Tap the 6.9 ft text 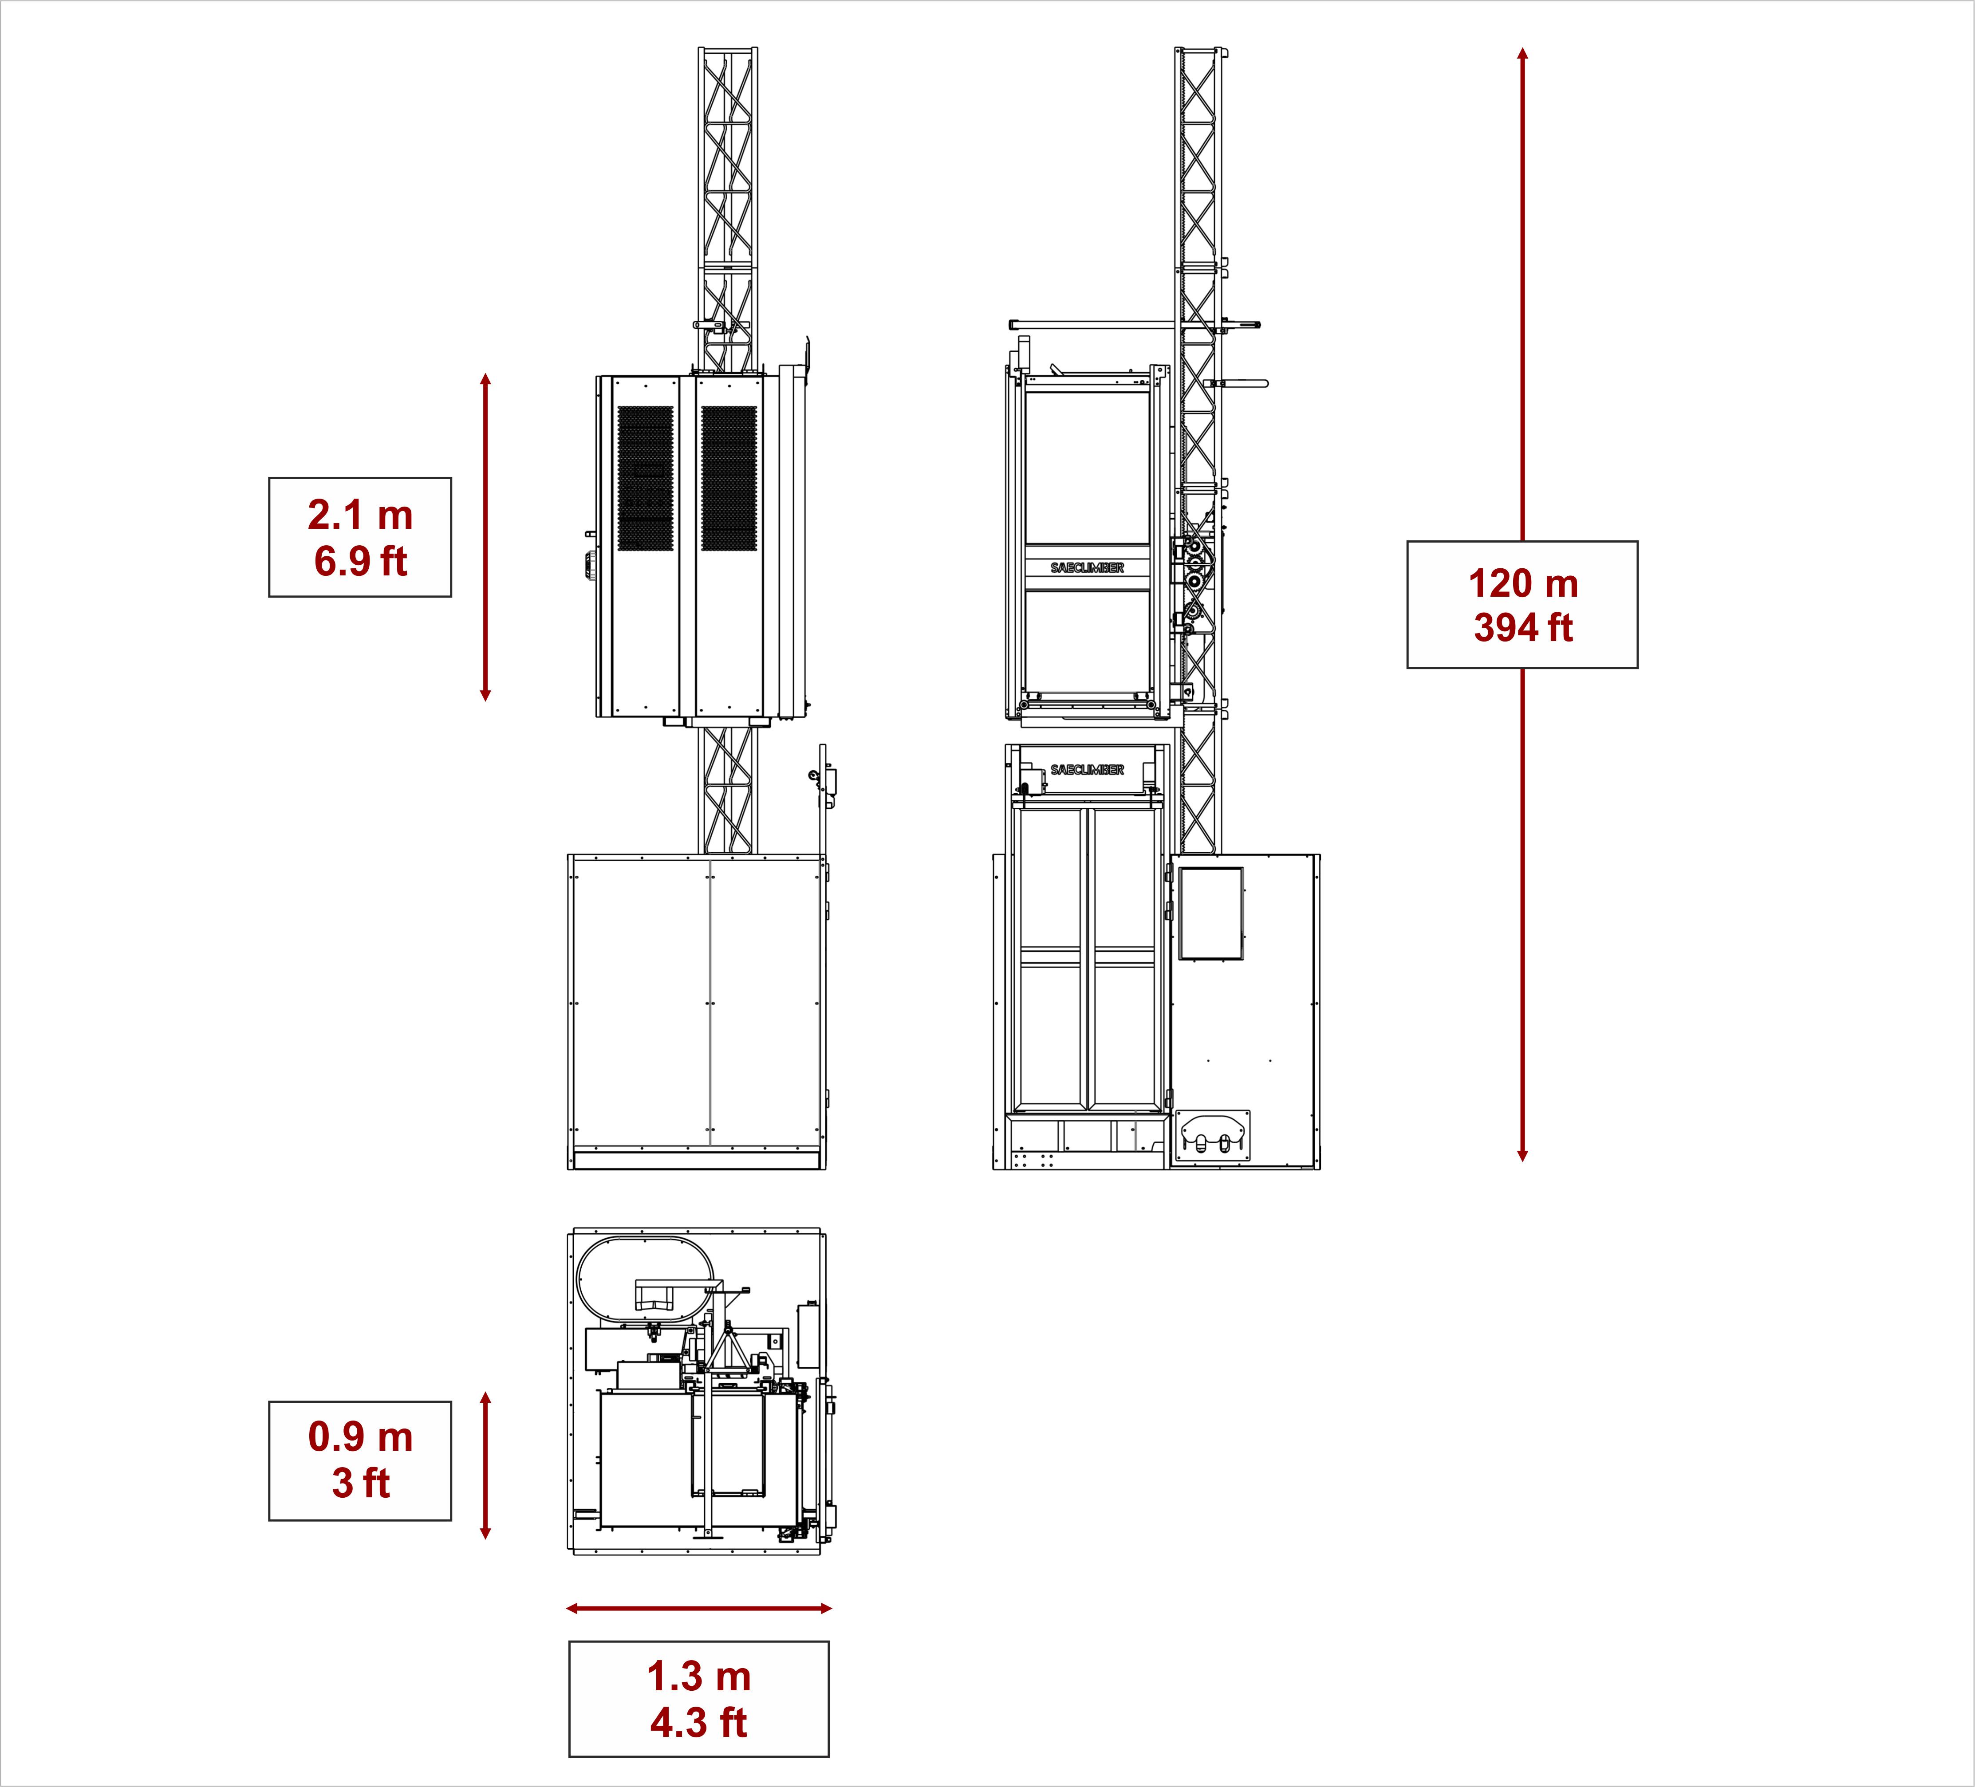[x=360, y=561]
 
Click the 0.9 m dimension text [x=360, y=1437]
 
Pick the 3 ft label [x=360, y=1483]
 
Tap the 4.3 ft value [x=698, y=1723]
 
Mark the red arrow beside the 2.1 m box [x=485, y=537]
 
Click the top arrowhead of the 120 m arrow [x=1522, y=53]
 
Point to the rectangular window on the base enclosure [x=1211, y=913]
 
